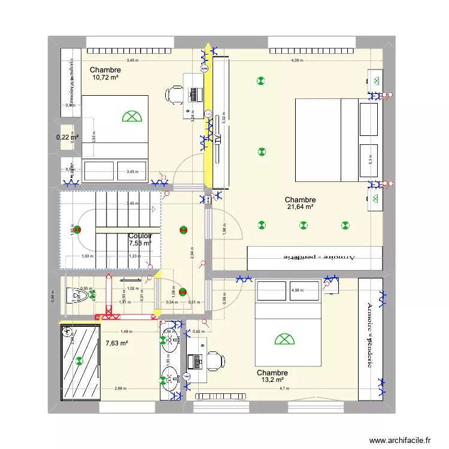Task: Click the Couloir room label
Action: pos(140,236)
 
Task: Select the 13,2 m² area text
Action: pos(272,380)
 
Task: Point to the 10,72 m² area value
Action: pos(105,77)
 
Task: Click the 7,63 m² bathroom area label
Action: pos(117,343)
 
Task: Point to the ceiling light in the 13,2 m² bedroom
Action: pos(284,339)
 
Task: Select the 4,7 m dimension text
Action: pos(283,389)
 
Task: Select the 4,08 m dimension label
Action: pos(297,290)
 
